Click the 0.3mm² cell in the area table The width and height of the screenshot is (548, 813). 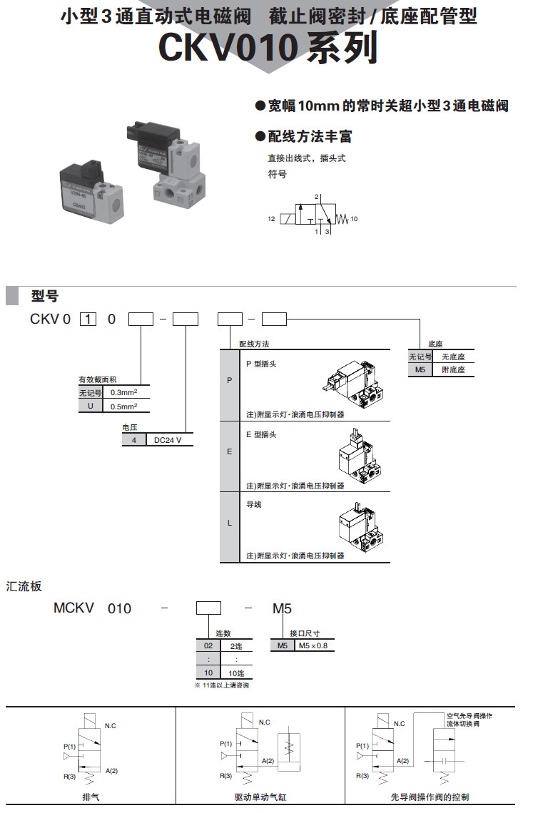(125, 392)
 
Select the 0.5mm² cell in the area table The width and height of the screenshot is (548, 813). (125, 406)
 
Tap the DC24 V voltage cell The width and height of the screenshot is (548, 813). (168, 440)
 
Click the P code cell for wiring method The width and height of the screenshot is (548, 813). (229, 380)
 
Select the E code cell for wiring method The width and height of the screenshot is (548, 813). (229, 451)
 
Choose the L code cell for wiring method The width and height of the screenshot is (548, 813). (229, 523)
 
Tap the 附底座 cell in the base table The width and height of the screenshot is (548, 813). (452, 370)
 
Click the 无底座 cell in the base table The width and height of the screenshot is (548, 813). (452, 357)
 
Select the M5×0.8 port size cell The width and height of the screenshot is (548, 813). (313, 646)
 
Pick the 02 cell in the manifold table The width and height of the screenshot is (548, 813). (208, 645)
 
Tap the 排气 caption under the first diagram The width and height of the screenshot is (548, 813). (91, 797)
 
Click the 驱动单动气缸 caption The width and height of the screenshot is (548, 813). (260, 797)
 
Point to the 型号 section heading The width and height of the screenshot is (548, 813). (44, 296)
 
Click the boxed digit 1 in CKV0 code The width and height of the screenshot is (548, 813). (88, 319)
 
